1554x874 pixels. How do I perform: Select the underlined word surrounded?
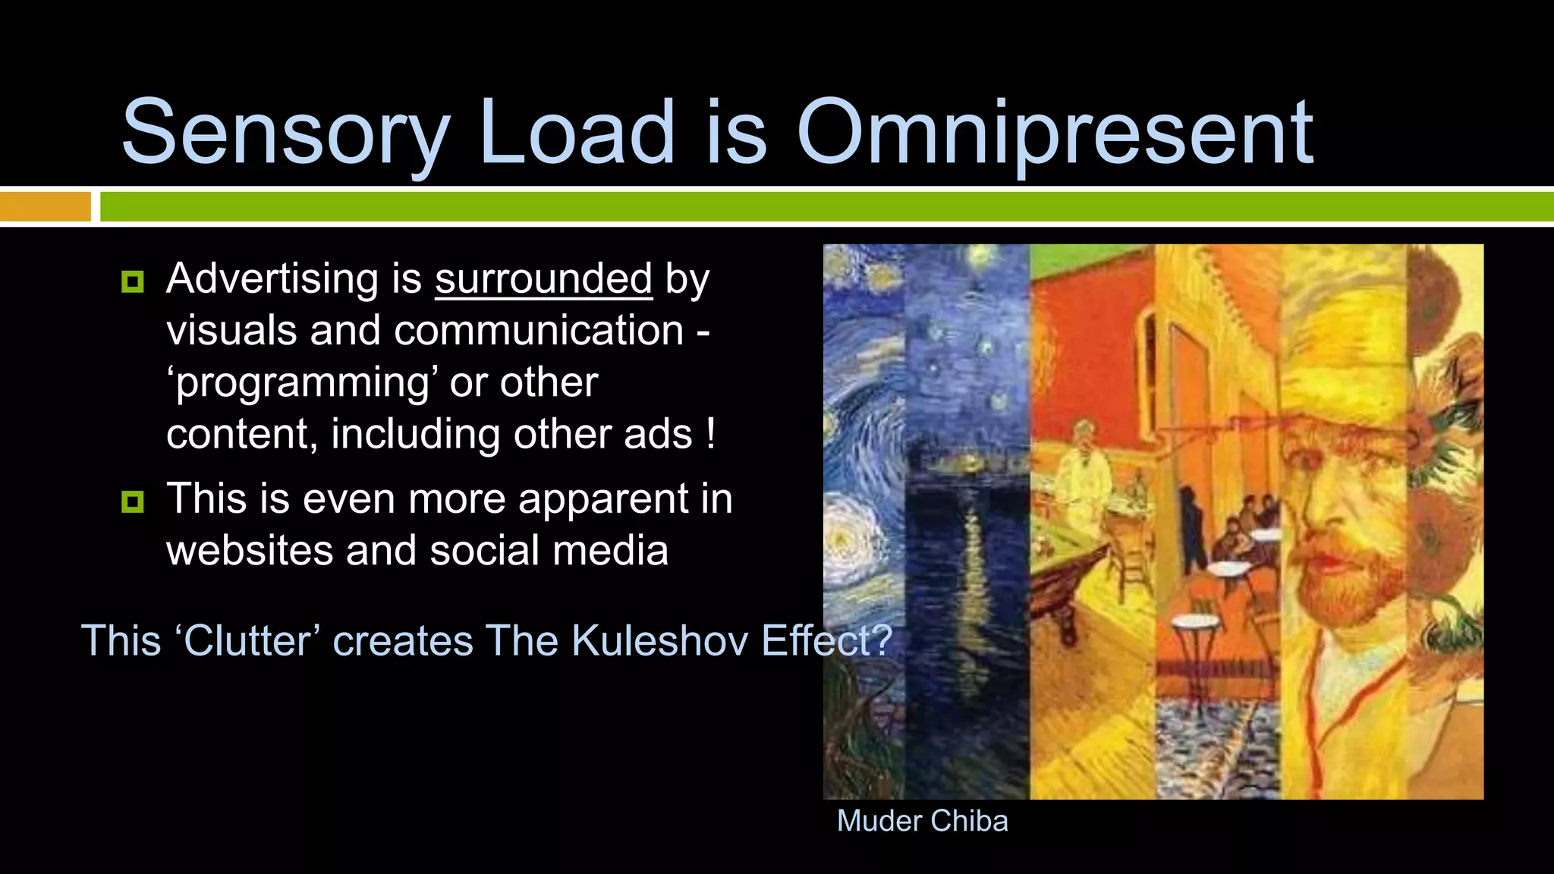[543, 279]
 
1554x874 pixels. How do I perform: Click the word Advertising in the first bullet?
[272, 279]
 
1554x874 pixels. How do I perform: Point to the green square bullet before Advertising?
[133, 282]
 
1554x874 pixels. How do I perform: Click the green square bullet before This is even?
[133, 501]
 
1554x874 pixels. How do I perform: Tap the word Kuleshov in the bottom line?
[659, 640]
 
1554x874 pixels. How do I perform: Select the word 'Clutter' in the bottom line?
[247, 640]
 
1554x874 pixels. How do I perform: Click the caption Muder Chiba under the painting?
[922, 821]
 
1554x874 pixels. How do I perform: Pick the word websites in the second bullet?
[250, 550]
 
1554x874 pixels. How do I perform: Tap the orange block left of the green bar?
[45, 206]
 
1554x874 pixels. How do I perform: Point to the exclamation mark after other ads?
[710, 434]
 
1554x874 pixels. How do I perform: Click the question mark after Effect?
[882, 640]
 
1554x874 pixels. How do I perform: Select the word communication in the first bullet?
[539, 331]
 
